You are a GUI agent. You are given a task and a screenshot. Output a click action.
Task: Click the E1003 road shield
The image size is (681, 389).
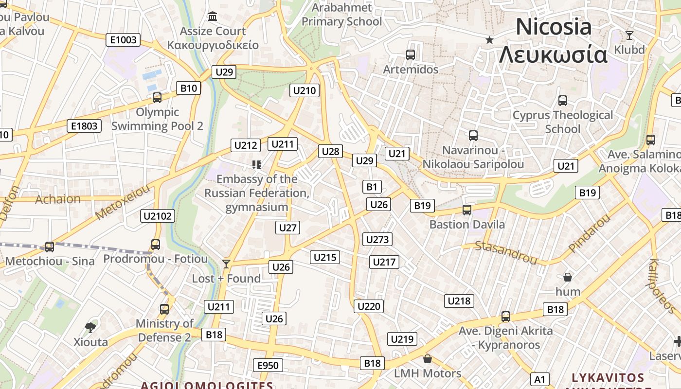123,40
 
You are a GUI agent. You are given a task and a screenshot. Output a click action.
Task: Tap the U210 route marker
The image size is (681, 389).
305,90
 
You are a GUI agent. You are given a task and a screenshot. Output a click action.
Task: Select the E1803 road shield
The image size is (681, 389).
84,126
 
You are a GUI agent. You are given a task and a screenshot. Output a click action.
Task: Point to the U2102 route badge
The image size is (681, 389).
158,216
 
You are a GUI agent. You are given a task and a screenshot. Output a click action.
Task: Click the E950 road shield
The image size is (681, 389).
268,365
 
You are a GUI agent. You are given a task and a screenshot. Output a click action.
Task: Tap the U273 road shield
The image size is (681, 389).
377,239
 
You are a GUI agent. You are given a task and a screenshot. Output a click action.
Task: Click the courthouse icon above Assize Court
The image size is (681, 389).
213,17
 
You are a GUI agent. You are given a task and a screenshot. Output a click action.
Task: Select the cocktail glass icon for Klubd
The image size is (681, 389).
629,35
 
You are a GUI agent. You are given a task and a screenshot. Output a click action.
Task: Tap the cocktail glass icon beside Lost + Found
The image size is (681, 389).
226,264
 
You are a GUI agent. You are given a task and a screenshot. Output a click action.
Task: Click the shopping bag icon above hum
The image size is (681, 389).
567,277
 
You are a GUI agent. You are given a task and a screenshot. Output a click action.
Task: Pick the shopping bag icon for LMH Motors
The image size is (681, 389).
427,359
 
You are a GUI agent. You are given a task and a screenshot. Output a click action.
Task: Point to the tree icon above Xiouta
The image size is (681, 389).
90,327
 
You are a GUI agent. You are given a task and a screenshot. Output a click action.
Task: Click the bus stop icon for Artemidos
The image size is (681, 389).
411,55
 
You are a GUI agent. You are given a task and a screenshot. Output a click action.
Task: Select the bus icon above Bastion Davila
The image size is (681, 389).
467,210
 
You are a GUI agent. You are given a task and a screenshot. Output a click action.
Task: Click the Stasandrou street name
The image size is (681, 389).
506,252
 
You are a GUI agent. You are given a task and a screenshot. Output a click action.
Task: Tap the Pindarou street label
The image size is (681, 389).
589,234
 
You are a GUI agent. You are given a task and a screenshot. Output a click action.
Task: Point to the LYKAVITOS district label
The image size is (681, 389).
608,378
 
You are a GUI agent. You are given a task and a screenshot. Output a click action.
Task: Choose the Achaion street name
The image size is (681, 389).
58,199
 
